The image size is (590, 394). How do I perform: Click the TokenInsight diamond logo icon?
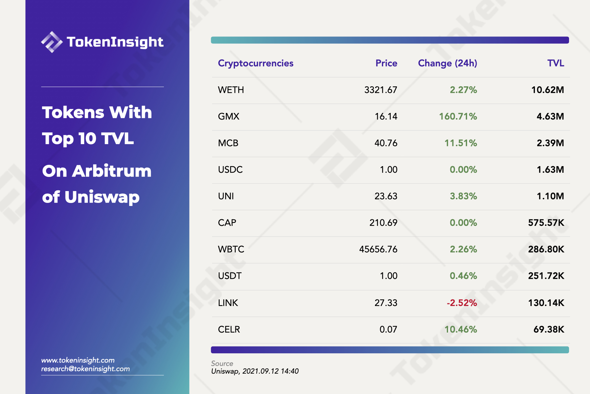pyautogui.click(x=51, y=42)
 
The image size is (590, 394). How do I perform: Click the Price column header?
pyautogui.click(x=386, y=63)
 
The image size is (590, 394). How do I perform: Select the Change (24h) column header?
pyautogui.click(x=447, y=63)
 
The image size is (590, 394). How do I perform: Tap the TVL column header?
pyautogui.click(x=556, y=63)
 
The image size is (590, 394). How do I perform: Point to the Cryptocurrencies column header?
pyautogui.click(x=255, y=63)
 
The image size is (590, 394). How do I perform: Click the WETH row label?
pyautogui.click(x=231, y=90)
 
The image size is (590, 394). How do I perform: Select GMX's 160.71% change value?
pyautogui.click(x=458, y=117)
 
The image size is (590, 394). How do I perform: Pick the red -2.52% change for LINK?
pyautogui.click(x=462, y=303)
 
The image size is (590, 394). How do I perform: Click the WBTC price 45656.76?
pyautogui.click(x=378, y=249)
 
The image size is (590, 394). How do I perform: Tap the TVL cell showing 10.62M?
pyautogui.click(x=547, y=90)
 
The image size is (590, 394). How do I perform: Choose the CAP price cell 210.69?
pyautogui.click(x=383, y=223)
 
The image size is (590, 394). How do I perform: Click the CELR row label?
pyautogui.click(x=229, y=329)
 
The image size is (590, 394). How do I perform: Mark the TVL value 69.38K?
pyautogui.click(x=549, y=329)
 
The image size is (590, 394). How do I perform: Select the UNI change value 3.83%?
pyautogui.click(x=463, y=196)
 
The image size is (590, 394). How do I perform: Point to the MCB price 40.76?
pyautogui.click(x=386, y=143)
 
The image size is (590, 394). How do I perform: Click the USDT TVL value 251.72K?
pyautogui.click(x=546, y=276)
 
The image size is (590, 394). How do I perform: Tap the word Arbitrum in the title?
pyautogui.click(x=112, y=171)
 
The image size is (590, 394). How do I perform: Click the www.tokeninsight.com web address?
pyautogui.click(x=78, y=360)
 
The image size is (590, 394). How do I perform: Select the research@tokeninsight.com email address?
pyautogui.click(x=85, y=369)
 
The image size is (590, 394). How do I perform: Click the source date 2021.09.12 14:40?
pyautogui.click(x=270, y=371)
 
